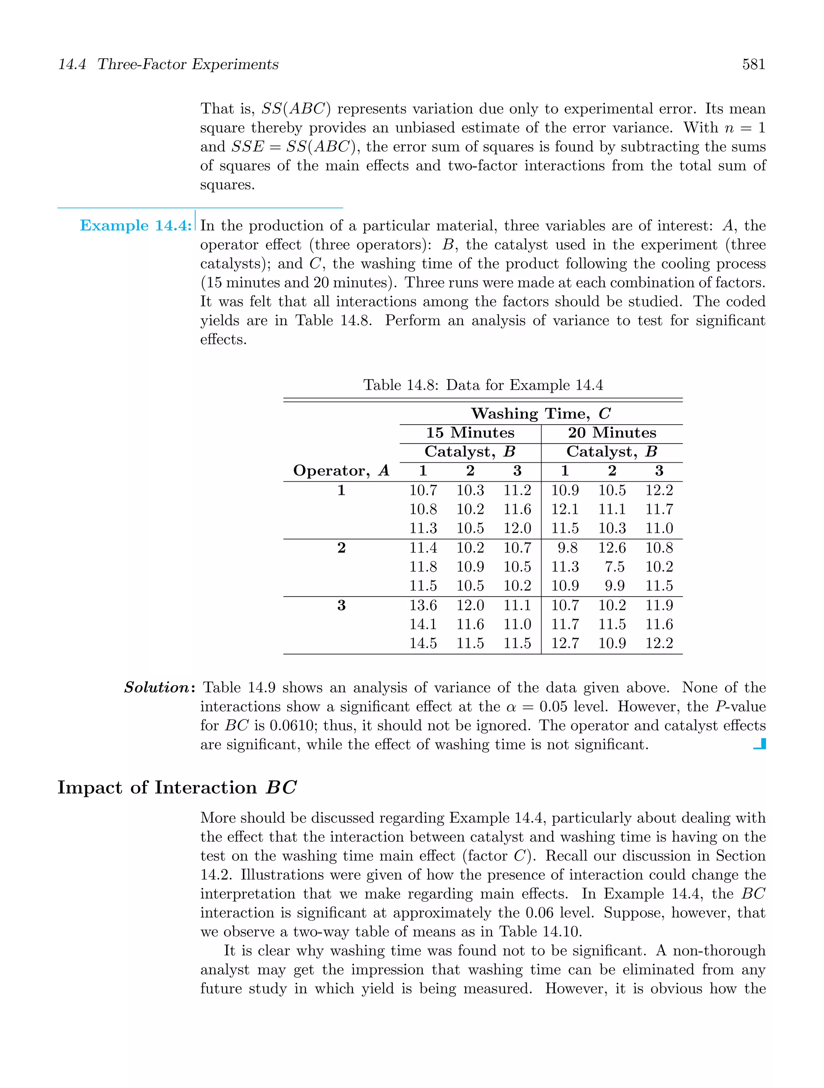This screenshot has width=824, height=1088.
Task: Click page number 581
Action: click(x=753, y=64)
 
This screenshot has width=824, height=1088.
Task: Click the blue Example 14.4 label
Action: click(x=135, y=226)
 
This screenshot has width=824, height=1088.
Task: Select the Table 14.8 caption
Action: click(x=483, y=385)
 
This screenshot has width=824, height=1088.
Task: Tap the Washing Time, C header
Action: click(x=540, y=414)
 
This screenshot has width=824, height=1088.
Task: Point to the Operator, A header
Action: click(x=341, y=471)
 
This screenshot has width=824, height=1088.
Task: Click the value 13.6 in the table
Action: click(x=423, y=606)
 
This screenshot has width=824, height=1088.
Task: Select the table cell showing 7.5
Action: click(x=615, y=567)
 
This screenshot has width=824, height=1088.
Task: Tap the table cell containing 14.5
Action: click(x=423, y=643)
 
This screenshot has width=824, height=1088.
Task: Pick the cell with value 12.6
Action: click(x=612, y=548)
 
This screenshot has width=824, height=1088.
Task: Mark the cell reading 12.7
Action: click(x=564, y=643)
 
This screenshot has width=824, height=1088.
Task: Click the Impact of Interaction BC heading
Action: click(x=177, y=788)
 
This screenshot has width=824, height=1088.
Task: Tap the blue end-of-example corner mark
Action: click(x=760, y=744)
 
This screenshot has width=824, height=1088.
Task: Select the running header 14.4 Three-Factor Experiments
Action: click(x=168, y=64)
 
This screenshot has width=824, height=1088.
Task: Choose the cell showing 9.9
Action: click(x=615, y=586)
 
